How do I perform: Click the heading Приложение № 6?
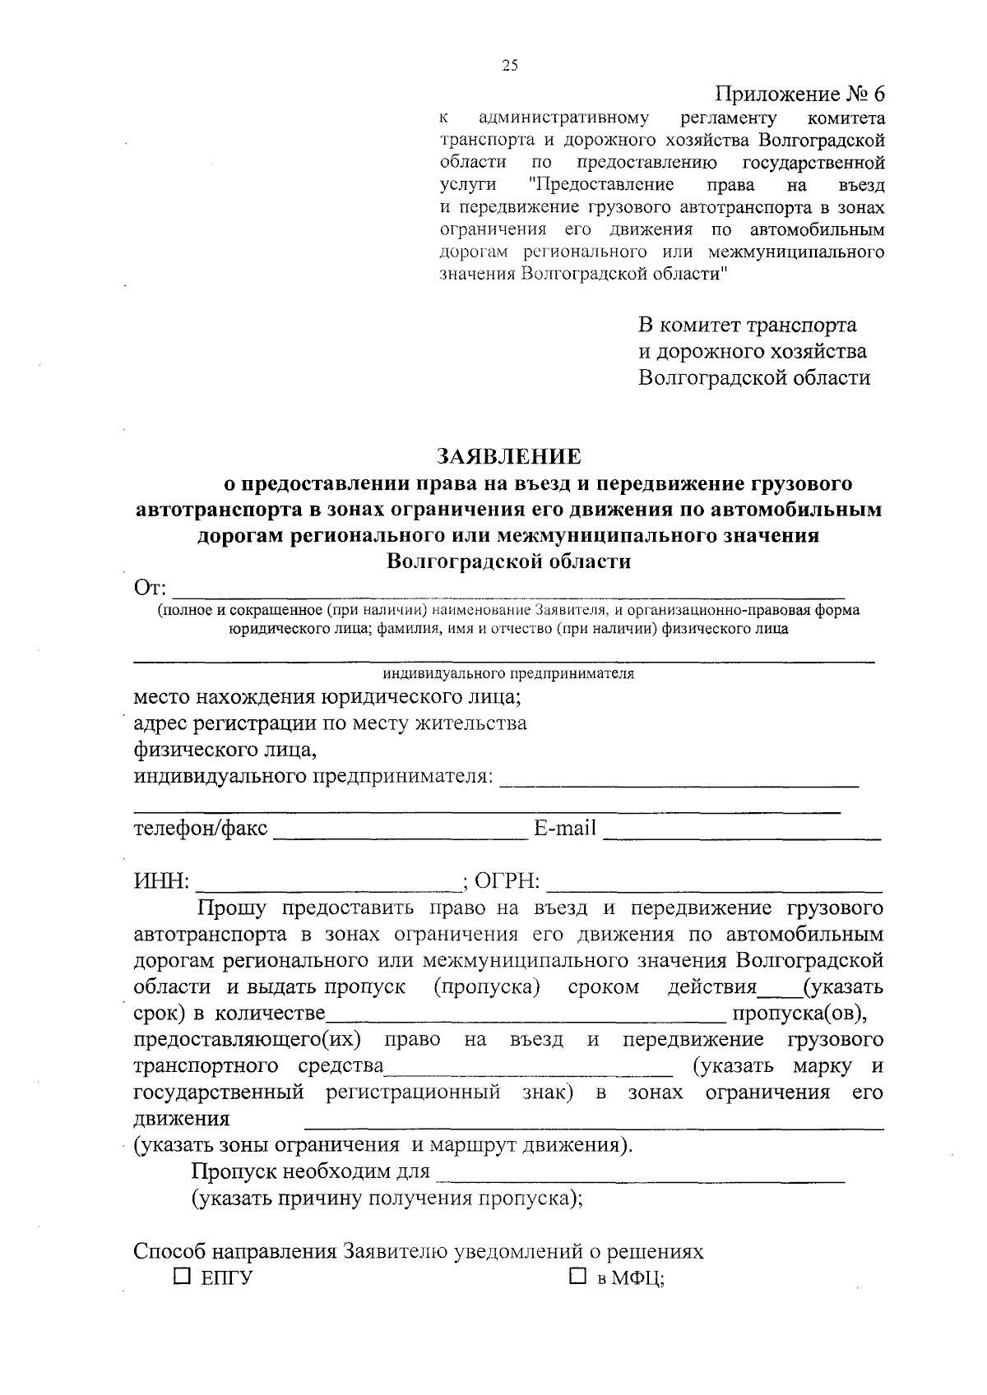(801, 95)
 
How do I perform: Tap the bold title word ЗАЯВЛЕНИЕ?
(508, 456)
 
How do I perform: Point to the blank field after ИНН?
(329, 885)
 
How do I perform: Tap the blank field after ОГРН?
(714, 885)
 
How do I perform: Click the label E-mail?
(565, 829)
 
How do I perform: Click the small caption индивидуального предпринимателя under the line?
(508, 674)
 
